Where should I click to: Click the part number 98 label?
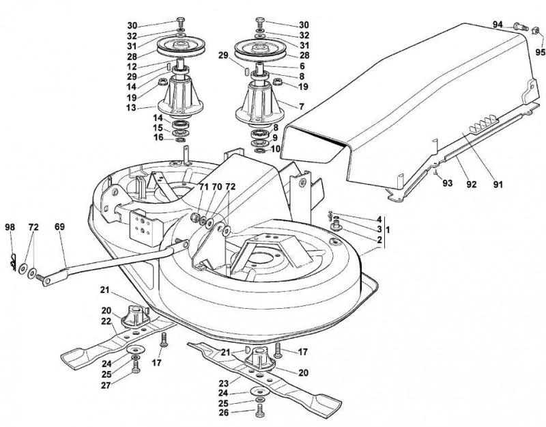click(10, 228)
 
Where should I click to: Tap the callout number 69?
click(59, 227)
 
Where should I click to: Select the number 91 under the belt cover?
click(498, 184)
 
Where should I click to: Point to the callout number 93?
click(447, 183)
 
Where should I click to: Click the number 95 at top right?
click(540, 53)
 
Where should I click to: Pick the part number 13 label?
click(131, 108)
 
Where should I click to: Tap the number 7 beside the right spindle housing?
click(302, 107)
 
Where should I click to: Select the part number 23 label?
click(224, 383)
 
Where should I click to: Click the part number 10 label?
click(275, 149)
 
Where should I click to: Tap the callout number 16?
click(158, 138)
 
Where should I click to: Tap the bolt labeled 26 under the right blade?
click(259, 411)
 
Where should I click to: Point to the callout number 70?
click(216, 187)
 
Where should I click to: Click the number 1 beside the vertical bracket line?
click(388, 230)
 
